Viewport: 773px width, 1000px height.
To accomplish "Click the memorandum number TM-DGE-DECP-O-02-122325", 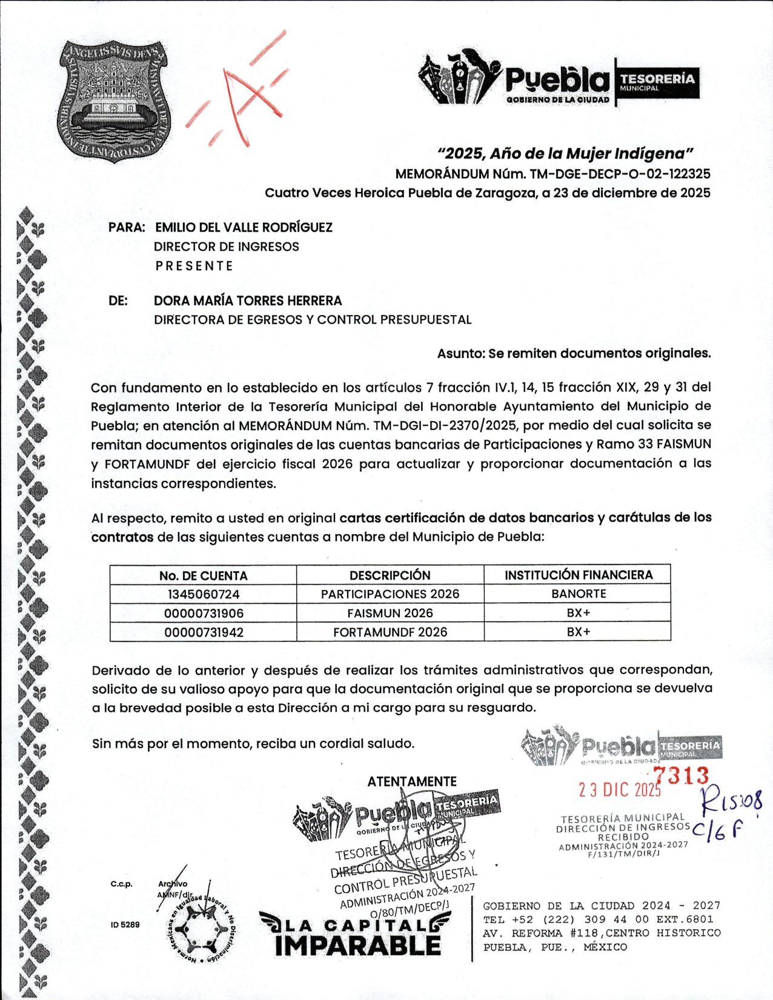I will [620, 174].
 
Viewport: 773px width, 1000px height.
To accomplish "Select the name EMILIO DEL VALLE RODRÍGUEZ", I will [244, 227].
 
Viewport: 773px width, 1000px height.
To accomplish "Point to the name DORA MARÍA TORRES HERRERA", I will [248, 300].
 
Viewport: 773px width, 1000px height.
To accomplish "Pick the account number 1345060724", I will [203, 594].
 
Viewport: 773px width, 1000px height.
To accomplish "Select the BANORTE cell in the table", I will [578, 594].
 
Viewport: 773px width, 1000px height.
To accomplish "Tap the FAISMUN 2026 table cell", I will [390, 613].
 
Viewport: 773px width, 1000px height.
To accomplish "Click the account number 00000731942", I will [204, 632].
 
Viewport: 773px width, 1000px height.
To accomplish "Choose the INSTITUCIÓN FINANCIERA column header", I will [578, 575].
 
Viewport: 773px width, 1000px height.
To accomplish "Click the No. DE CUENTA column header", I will [203, 575].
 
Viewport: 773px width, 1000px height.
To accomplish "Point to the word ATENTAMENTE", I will [412, 781].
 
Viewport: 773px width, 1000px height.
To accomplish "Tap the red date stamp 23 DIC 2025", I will [619, 790].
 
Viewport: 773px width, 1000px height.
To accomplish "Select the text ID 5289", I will [125, 924].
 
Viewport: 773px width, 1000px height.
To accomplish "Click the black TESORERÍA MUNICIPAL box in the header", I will [657, 82].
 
